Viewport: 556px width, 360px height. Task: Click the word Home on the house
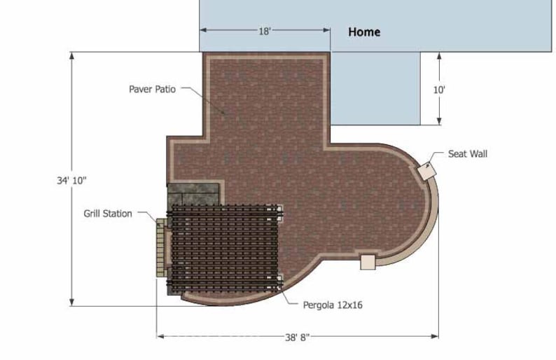click(364, 32)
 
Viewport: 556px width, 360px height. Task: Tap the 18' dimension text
click(265, 31)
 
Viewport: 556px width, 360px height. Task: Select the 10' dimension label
click(439, 90)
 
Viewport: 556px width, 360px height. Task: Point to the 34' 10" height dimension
click(71, 180)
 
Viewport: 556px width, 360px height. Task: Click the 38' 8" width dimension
click(298, 337)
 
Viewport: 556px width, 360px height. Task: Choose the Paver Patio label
click(152, 89)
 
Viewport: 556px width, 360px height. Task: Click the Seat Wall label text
click(467, 154)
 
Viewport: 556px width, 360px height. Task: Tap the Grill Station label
click(107, 214)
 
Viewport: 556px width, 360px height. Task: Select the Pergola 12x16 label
click(333, 305)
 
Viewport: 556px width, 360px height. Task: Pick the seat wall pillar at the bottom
click(367, 262)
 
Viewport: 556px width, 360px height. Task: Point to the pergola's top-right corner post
click(279, 209)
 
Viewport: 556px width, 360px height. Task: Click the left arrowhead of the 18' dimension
click(204, 31)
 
